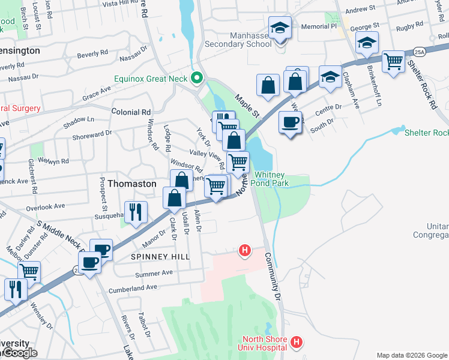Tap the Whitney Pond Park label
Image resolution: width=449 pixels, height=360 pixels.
pyautogui.click(x=271, y=179)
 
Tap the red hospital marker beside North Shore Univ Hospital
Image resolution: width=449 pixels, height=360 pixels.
pyautogui.click(x=295, y=343)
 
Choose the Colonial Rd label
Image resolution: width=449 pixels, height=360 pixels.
pyautogui.click(x=131, y=112)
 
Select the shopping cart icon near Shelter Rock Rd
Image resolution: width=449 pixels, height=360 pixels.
pyautogui.click(x=393, y=61)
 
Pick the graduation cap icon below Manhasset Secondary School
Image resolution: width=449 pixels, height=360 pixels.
pyautogui.click(x=279, y=29)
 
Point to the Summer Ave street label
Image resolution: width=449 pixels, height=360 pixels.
pyautogui.click(x=154, y=273)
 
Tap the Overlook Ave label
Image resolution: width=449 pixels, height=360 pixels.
pyautogui.click(x=45, y=206)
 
